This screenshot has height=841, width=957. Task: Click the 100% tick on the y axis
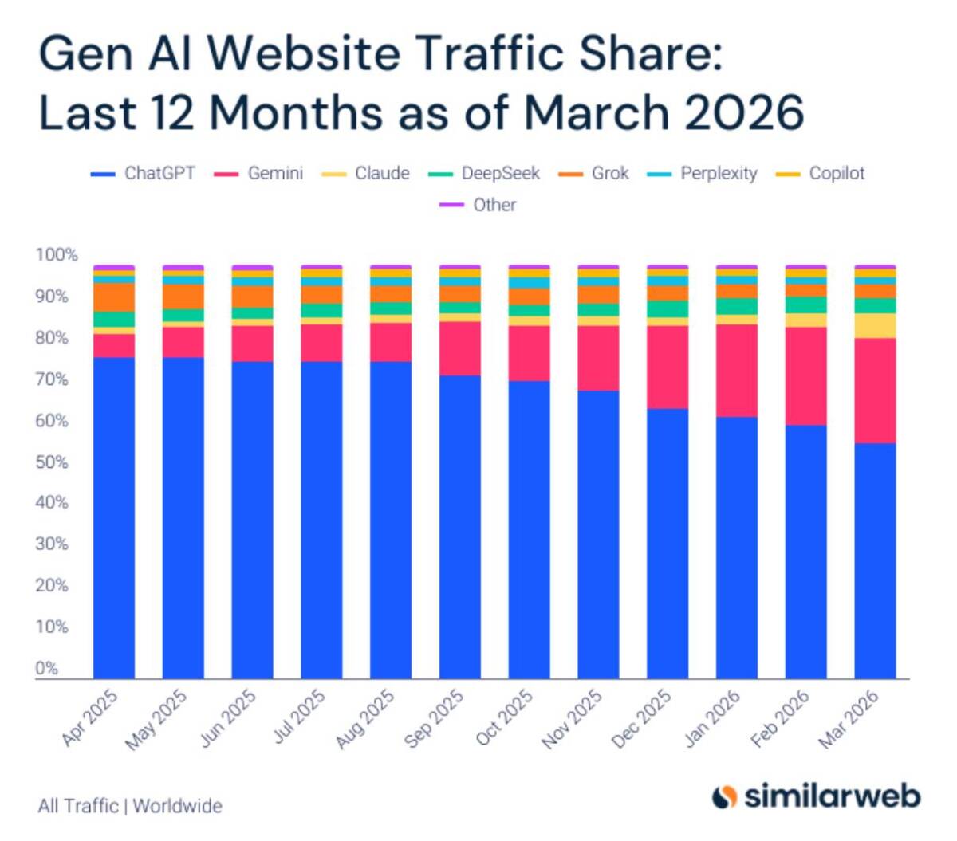[x=57, y=255]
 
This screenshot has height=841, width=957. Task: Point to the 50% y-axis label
[x=51, y=462]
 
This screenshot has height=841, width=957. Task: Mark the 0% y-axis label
[x=47, y=668]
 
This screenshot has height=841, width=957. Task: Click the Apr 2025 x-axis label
[x=90, y=718]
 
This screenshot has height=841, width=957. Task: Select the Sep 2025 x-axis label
[x=434, y=718]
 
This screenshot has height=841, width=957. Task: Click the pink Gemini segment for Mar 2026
[x=875, y=390]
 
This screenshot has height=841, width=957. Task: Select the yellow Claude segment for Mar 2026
[x=875, y=325]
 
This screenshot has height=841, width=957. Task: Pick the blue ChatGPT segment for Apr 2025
[x=114, y=518]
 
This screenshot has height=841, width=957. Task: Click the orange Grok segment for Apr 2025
[x=114, y=297]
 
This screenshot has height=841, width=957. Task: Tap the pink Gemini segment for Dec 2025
[x=668, y=367]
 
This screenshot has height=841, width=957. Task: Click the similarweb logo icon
[x=724, y=796]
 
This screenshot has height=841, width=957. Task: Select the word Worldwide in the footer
[x=177, y=806]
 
